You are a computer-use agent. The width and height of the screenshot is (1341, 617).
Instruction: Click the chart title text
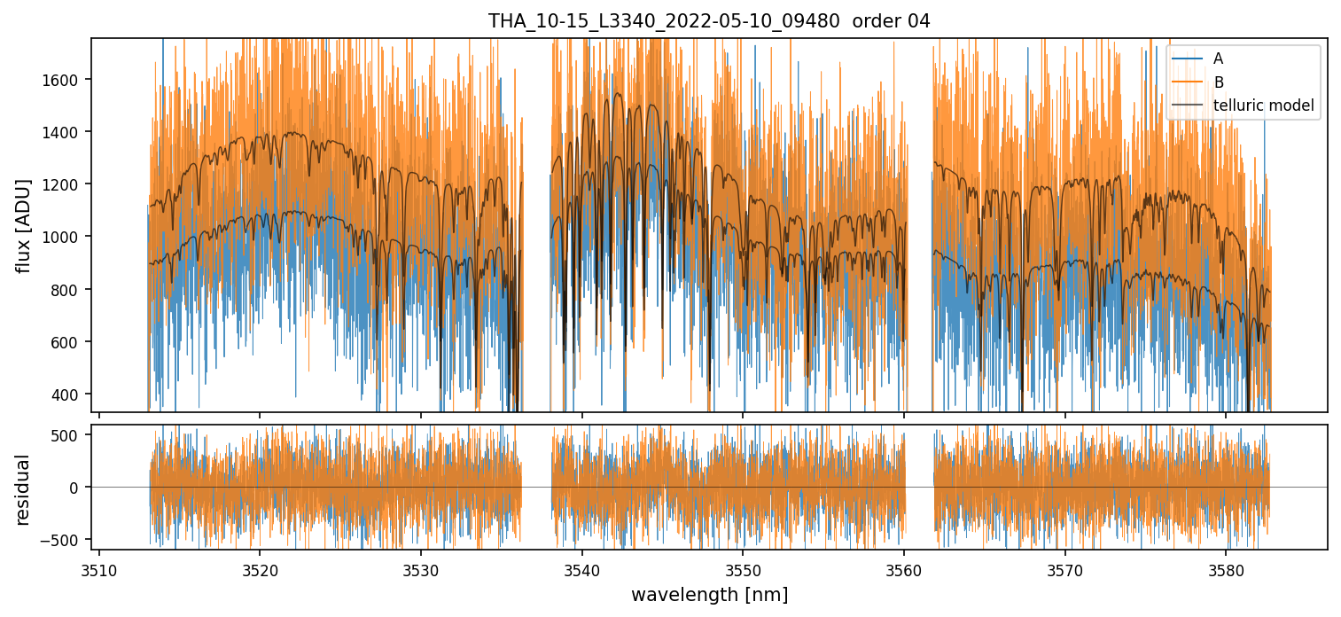(x=709, y=21)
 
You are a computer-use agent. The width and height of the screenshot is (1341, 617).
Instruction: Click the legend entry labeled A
(x=1218, y=59)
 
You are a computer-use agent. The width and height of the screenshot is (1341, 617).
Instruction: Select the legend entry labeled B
(x=1218, y=82)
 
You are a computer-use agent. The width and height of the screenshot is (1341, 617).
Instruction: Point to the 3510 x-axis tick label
(x=98, y=568)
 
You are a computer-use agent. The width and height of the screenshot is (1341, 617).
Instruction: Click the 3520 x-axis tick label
(x=260, y=568)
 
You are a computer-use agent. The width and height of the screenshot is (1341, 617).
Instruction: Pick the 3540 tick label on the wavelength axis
(x=581, y=568)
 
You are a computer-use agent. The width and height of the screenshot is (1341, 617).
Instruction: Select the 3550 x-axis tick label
(x=743, y=568)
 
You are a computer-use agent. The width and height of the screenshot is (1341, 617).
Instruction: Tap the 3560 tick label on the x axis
(x=904, y=568)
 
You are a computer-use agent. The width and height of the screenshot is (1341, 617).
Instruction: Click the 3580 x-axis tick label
(x=1226, y=568)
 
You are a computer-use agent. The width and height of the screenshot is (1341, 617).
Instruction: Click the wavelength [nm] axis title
(x=709, y=594)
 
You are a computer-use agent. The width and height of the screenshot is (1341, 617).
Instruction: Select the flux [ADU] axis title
(x=24, y=225)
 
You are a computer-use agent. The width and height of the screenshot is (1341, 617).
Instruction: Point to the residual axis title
(x=24, y=489)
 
